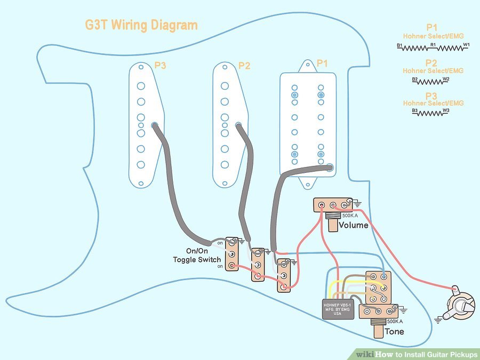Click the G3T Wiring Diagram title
[141, 25]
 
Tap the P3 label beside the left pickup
[161, 66]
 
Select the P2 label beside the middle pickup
[244, 66]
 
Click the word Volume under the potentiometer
[353, 225]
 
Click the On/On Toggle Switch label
[196, 255]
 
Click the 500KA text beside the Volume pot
[350, 215]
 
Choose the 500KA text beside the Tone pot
[395, 322]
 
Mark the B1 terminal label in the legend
[399, 46]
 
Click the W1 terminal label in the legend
[466, 45]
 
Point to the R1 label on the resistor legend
[433, 45]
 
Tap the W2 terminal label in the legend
[446, 79]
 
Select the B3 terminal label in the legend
[415, 110]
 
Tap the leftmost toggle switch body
[231, 254]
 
